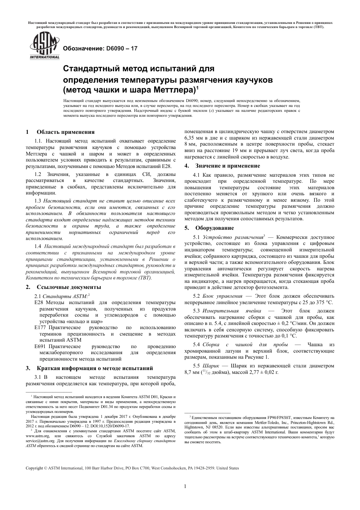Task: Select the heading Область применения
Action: click(65, 132)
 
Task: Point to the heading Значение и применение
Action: click(227, 166)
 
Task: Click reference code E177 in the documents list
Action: click(40, 327)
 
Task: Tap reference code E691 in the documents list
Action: click(40, 346)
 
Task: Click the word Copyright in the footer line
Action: click(34, 468)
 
